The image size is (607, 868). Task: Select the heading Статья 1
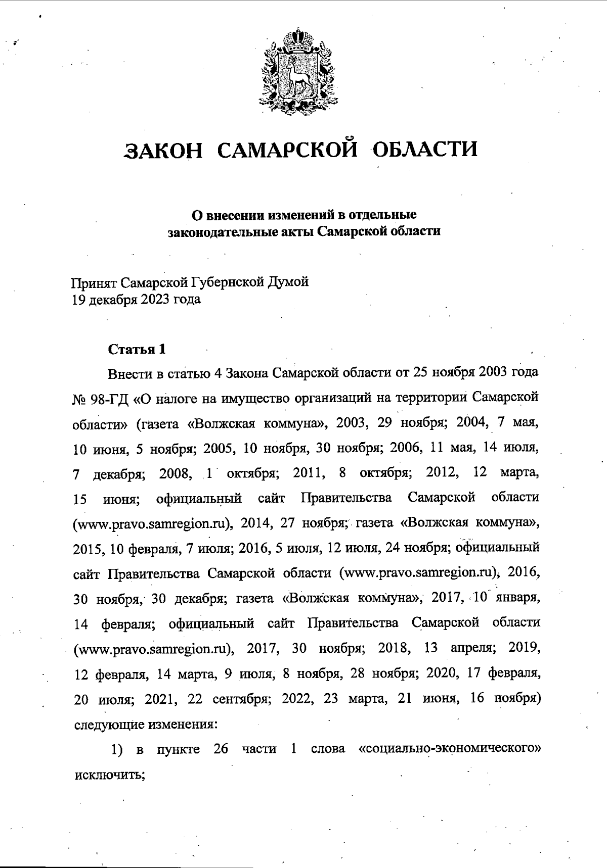point(137,349)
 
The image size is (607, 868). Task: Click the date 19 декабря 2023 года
point(137,300)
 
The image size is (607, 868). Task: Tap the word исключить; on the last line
point(110,774)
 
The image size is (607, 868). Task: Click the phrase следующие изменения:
point(146,724)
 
